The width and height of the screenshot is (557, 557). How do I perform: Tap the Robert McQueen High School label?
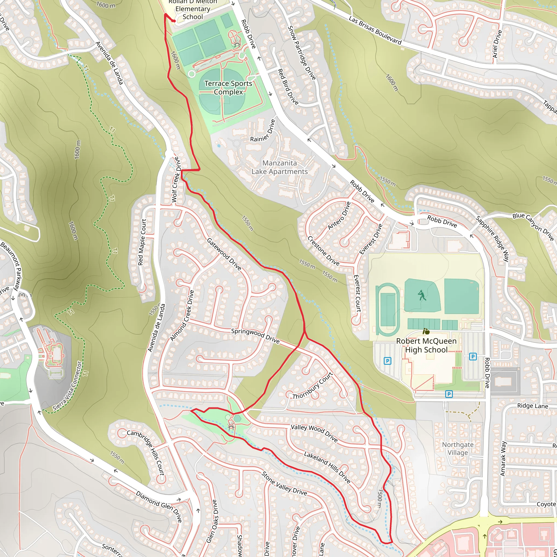426,345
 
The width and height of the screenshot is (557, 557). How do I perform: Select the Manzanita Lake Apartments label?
279,167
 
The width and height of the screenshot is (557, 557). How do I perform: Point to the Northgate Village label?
457,448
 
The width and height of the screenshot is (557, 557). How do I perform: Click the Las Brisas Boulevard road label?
375,30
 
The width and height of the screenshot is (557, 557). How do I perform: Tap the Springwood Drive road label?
255,336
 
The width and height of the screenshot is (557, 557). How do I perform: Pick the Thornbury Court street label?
313,386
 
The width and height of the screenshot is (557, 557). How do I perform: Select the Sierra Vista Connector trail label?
68,386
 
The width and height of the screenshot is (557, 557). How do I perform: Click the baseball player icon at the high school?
422,296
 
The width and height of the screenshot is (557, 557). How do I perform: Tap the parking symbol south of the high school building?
448,394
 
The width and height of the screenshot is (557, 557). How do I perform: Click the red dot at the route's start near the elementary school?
174,21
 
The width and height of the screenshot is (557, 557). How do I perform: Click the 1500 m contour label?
380,498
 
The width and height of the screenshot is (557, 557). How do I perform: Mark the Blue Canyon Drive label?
533,226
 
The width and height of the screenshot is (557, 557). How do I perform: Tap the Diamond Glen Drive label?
159,506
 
